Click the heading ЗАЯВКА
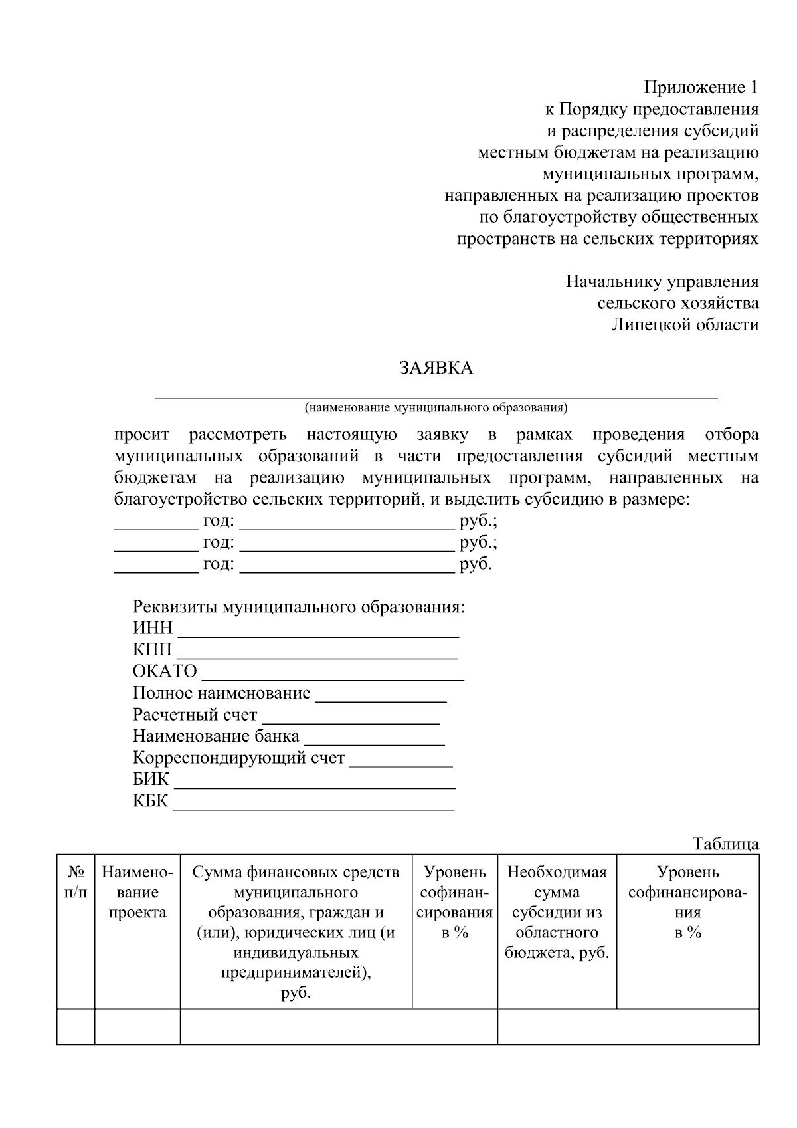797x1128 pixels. [436, 368]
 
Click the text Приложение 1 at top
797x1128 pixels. [701, 88]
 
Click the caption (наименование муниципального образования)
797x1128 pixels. [436, 407]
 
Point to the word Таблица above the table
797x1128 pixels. [725, 844]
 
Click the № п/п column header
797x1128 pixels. [75, 883]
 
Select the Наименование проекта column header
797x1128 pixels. [137, 893]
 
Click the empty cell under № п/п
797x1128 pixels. [75, 1026]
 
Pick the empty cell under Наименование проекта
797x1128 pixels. [137, 1026]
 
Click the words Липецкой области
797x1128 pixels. [684, 325]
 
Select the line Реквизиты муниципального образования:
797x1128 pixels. [298, 607]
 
